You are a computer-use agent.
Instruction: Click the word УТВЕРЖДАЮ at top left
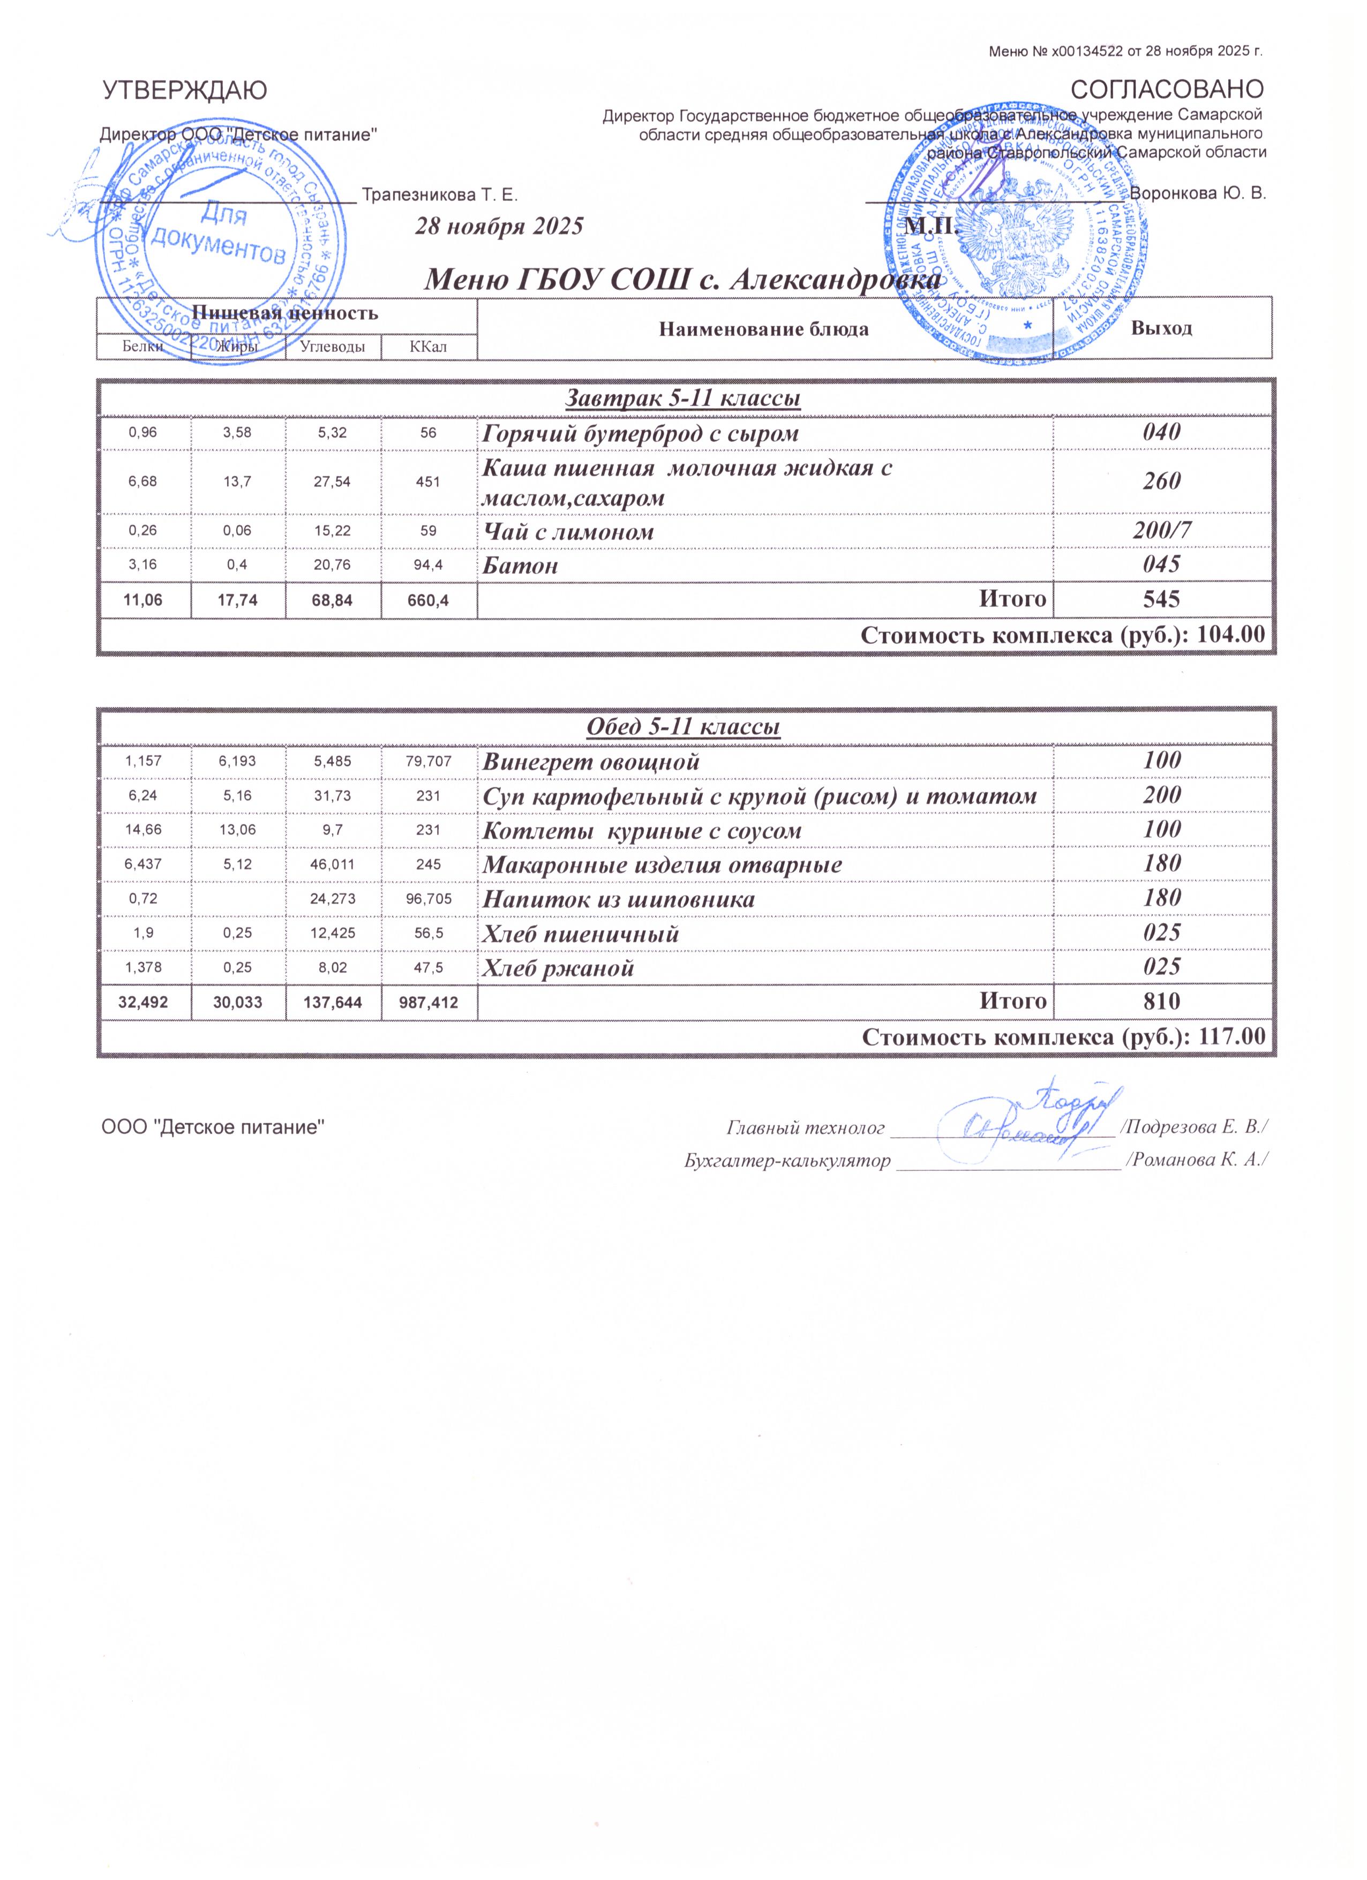click(x=184, y=91)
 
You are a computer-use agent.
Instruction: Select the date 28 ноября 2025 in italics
click(x=499, y=226)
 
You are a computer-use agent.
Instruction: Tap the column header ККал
click(x=428, y=347)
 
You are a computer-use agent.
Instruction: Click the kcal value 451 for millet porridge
click(x=428, y=482)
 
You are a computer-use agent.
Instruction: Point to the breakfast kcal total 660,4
click(x=428, y=599)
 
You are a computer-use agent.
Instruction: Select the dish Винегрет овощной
click(x=591, y=761)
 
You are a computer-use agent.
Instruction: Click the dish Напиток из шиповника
click(x=619, y=899)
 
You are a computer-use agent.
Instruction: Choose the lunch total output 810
click(x=1161, y=1002)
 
